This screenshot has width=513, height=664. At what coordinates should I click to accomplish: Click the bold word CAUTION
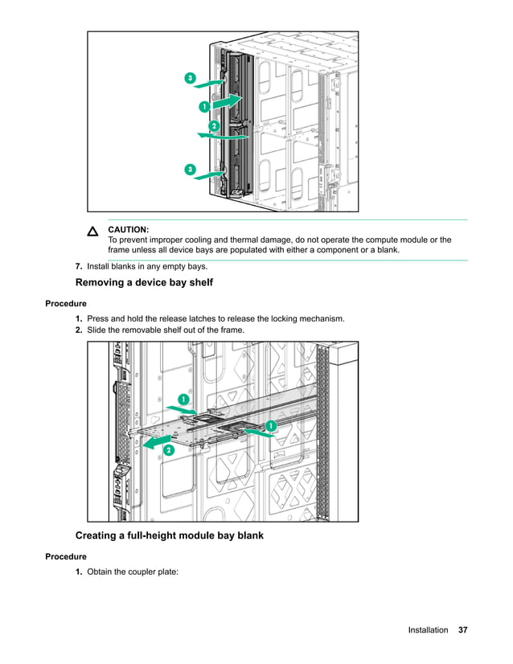[128, 230]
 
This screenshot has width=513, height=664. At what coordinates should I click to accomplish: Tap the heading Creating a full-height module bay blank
[169, 535]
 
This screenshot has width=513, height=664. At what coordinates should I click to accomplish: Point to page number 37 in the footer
[462, 630]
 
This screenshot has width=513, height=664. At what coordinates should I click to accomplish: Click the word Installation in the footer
[428, 630]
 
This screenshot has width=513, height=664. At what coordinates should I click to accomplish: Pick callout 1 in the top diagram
[204, 106]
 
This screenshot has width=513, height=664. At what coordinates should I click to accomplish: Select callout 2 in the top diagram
[214, 126]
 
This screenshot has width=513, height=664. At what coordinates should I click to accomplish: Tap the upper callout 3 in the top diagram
[190, 78]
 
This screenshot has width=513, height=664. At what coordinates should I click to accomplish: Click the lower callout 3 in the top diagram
[190, 170]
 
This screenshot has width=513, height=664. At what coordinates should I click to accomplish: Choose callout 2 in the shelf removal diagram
[168, 451]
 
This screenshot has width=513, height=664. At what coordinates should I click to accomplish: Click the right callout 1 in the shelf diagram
[271, 424]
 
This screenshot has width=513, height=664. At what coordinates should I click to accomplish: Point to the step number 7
[79, 267]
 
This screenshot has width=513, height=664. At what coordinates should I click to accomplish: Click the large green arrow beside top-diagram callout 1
[227, 100]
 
